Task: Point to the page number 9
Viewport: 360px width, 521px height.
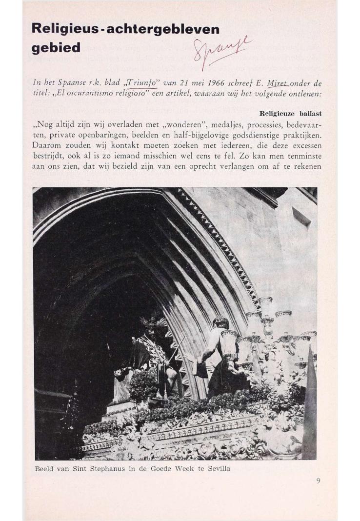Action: coord(318,481)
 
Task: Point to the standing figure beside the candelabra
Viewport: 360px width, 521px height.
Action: coord(217,356)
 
